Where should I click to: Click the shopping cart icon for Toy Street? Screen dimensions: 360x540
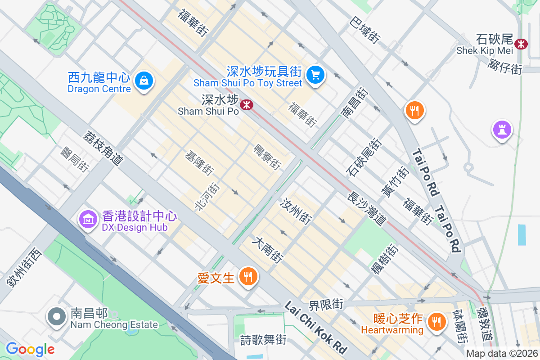[315, 75]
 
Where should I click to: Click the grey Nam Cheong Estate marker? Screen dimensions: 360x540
[57, 316]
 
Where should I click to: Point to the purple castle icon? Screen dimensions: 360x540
[503, 130]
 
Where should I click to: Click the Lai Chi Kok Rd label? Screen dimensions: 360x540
[316, 328]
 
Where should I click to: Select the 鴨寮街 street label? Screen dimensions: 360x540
[267, 157]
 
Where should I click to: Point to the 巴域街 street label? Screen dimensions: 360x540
[365, 30]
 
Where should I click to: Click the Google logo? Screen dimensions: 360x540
[30, 349]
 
